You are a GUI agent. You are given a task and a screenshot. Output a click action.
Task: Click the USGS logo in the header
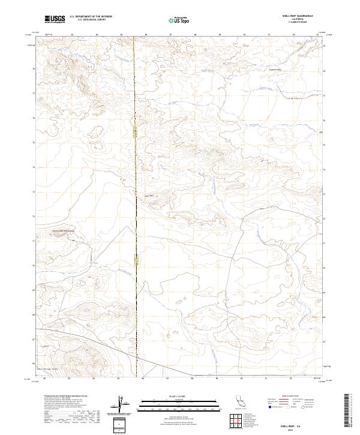click(x=55, y=20)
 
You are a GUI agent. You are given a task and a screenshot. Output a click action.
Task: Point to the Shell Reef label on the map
click(x=149, y=195)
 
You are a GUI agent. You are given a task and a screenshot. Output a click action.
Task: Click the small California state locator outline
click(x=241, y=400)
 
